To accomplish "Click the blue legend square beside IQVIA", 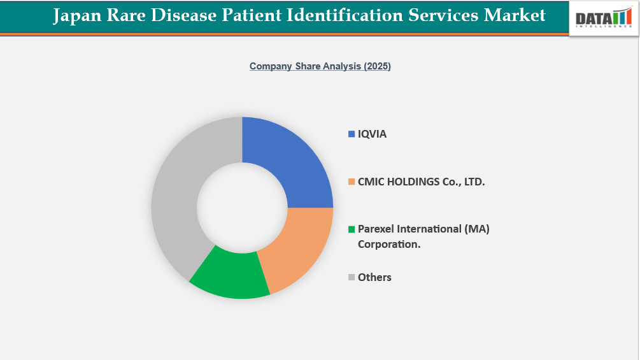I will [351, 134].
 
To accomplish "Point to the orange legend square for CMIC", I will [351, 182].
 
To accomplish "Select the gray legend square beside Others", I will [351, 277].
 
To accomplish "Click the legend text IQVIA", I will [372, 134].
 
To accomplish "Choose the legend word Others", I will [374, 277].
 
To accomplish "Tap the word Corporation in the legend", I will [388, 244].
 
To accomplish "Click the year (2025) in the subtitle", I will [377, 66].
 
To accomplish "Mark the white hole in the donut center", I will [242, 208].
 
